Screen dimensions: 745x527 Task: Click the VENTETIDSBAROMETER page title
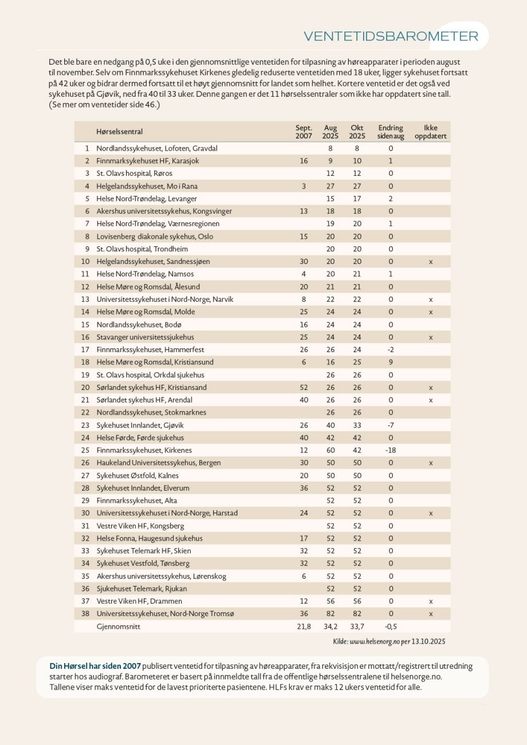[391, 36]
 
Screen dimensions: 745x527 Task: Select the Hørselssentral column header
[119, 132]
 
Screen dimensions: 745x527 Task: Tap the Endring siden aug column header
[391, 132]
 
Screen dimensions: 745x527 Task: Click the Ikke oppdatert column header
[430, 132]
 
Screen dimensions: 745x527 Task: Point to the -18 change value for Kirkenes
[391, 450]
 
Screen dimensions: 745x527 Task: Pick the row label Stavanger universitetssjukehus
[145, 337]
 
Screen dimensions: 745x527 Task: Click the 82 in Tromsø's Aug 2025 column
[331, 614]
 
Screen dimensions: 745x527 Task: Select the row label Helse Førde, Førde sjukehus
[140, 437]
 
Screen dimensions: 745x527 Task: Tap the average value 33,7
[357, 626]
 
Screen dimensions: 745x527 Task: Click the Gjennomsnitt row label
[119, 626]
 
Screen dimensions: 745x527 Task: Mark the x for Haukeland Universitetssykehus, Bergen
[431, 463]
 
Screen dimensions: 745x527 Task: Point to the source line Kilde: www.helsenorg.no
[389, 641]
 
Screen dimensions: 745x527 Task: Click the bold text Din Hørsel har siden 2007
[95, 666]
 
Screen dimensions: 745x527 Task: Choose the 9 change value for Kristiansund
[391, 362]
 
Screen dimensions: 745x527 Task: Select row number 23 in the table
[85, 425]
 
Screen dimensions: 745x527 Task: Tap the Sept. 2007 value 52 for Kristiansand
[304, 388]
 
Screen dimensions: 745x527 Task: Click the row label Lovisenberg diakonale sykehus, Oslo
[155, 236]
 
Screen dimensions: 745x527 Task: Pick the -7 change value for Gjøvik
[391, 425]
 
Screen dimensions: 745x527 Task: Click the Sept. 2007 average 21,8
[304, 626]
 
